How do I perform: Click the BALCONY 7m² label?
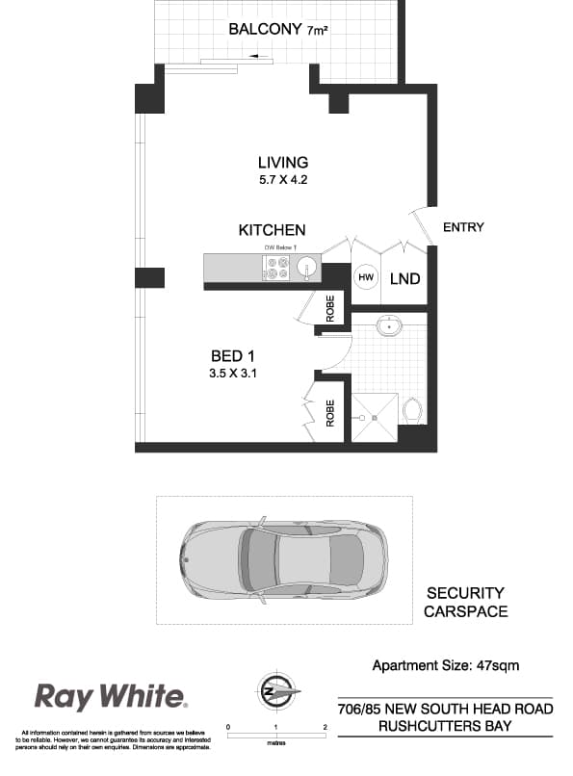coord(276,30)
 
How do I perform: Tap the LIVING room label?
coord(283,163)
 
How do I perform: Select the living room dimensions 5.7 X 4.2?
coord(283,180)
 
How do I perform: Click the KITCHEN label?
coord(273,230)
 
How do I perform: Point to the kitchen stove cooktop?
coord(277,268)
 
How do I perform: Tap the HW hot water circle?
coord(366,277)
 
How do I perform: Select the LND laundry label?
coord(404,279)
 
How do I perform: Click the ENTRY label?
coord(463,227)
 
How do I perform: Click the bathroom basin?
coord(387,328)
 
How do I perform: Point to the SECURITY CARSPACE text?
coord(466,602)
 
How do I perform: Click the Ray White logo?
coord(111,696)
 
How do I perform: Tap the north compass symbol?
coord(277,692)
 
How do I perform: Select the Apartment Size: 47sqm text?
coord(446,665)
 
